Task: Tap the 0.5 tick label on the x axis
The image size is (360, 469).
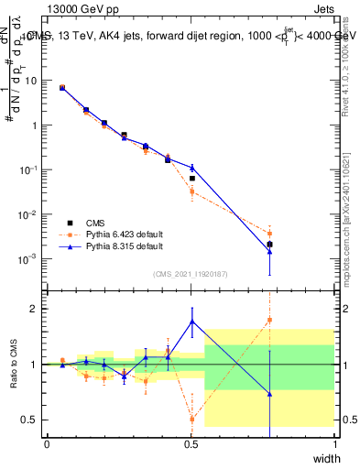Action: point(191,443)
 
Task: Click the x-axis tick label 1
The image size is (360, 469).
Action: point(334,443)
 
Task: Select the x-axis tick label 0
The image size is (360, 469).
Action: point(47,443)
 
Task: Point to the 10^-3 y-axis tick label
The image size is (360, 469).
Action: point(30,259)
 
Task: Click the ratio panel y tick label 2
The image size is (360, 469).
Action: point(36,309)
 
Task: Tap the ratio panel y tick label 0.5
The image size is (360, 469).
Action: point(31,420)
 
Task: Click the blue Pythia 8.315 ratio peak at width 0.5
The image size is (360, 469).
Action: point(191,321)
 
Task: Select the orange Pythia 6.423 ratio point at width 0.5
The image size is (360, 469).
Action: point(191,419)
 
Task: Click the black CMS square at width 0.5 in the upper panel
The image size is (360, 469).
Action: point(191,178)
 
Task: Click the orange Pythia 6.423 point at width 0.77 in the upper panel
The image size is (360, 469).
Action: point(269,234)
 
